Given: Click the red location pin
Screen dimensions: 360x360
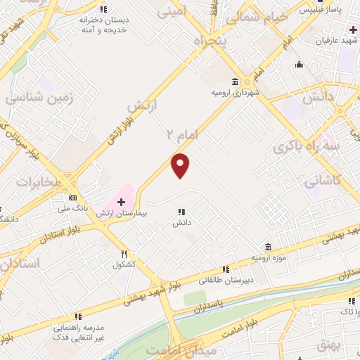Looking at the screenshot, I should coord(181,165).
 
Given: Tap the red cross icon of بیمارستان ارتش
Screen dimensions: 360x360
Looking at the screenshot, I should coord(121,202).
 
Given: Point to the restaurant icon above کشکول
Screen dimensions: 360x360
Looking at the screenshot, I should coord(124,254).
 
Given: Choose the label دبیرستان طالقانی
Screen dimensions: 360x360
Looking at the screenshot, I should coord(226,280).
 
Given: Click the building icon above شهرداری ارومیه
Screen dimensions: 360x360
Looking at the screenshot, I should coord(234,81).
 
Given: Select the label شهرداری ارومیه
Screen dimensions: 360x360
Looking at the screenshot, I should coord(234,92).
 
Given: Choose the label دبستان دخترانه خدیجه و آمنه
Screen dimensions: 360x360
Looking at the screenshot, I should coord(105,25).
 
